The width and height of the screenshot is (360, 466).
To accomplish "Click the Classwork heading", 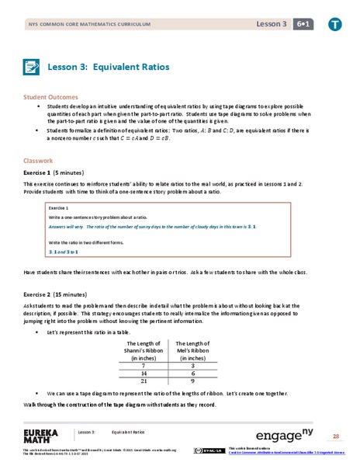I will (38, 161).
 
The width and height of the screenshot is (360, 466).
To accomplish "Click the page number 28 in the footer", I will (336, 436).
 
